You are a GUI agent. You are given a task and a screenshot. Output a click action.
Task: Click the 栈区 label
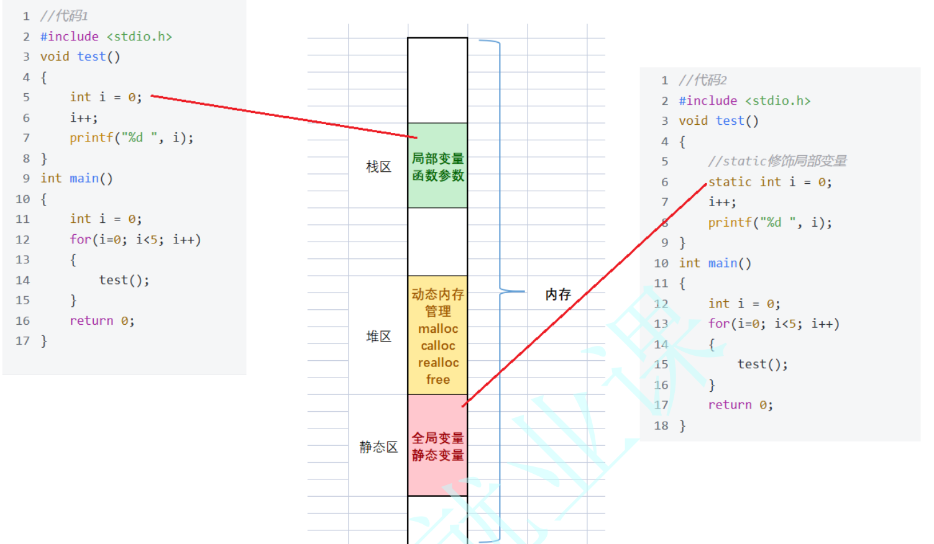(378, 167)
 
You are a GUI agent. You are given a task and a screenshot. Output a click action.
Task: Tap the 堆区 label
(378, 337)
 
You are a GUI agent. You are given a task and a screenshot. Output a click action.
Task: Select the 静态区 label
(378, 447)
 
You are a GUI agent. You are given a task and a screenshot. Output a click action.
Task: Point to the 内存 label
(557, 294)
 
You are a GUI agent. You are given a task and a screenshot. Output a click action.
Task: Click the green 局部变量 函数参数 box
(437, 166)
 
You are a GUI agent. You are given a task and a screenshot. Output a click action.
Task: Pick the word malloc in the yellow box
(438, 329)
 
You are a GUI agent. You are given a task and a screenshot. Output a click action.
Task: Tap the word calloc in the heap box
(438, 345)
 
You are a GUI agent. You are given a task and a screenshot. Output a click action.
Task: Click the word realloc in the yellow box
(438, 363)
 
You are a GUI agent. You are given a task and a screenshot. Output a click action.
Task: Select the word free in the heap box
(438, 379)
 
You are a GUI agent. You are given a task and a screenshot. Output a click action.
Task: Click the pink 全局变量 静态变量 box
(437, 447)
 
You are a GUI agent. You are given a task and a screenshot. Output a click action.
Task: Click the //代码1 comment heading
(64, 16)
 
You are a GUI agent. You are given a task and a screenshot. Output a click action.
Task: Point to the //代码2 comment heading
(702, 80)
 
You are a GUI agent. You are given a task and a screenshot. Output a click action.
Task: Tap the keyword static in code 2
(730, 182)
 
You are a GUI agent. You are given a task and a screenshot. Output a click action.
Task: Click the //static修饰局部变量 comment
(777, 161)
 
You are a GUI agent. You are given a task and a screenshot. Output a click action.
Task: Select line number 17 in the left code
(23, 341)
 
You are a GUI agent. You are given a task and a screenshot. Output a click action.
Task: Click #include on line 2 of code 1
(70, 37)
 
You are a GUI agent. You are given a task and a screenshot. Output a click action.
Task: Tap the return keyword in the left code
(91, 320)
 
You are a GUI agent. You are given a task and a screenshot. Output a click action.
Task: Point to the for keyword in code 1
(80, 240)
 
